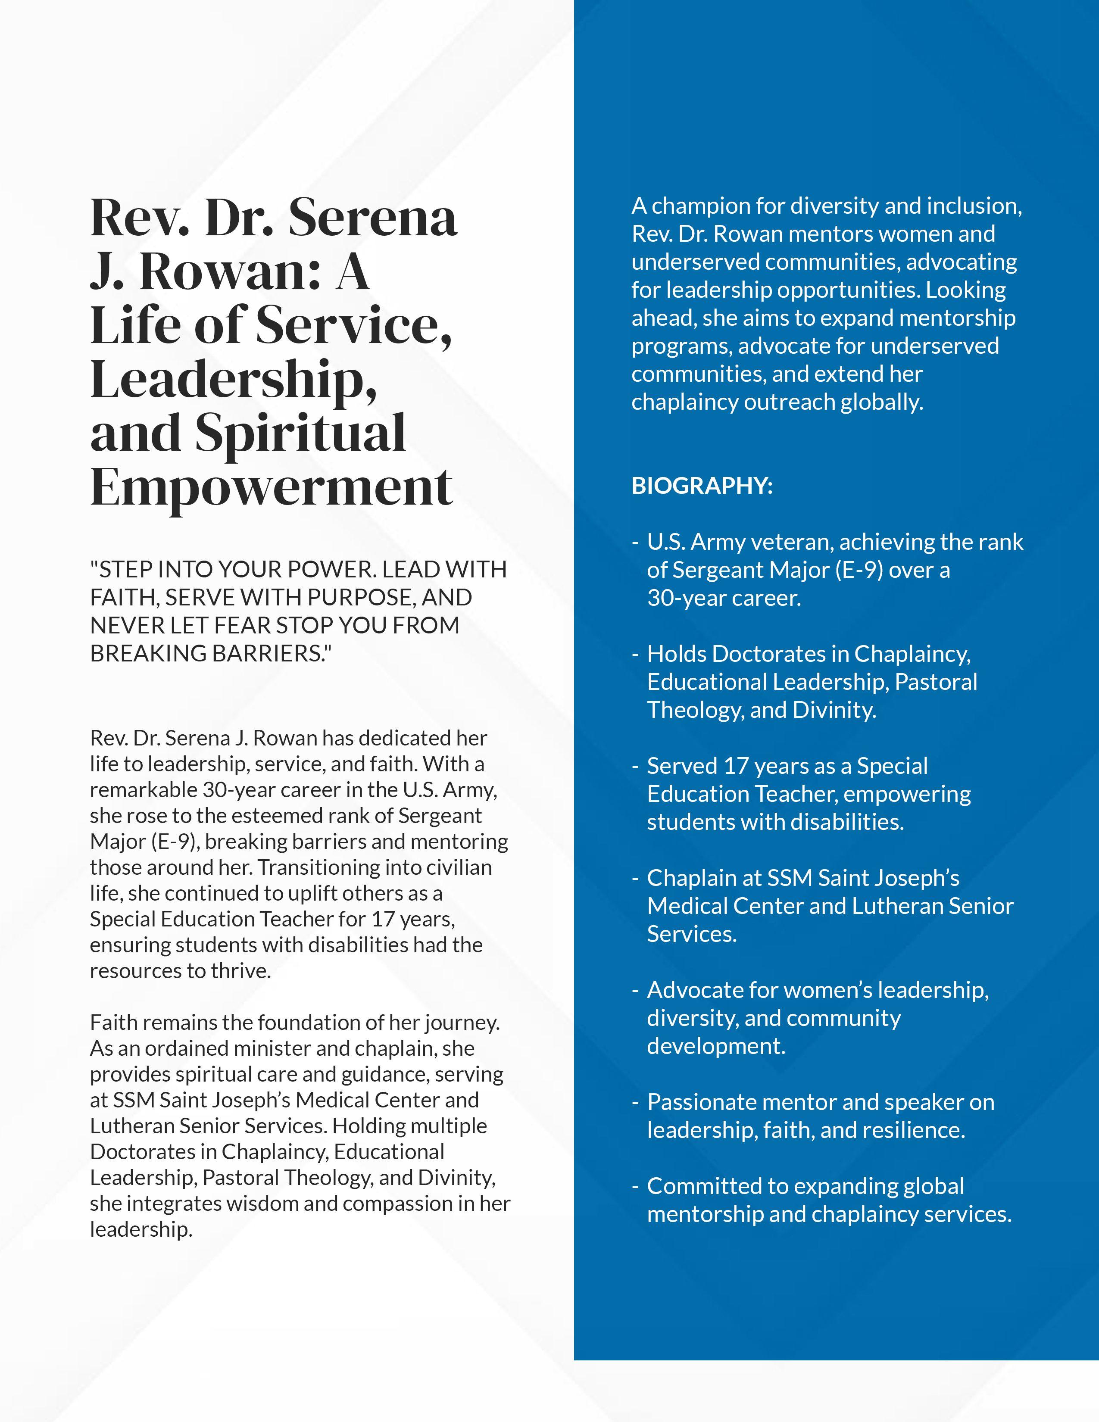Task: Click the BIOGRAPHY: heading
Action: pyautogui.click(x=702, y=486)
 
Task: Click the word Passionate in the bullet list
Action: pyautogui.click(x=700, y=1102)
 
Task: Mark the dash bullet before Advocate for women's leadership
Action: pyautogui.click(x=635, y=990)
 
